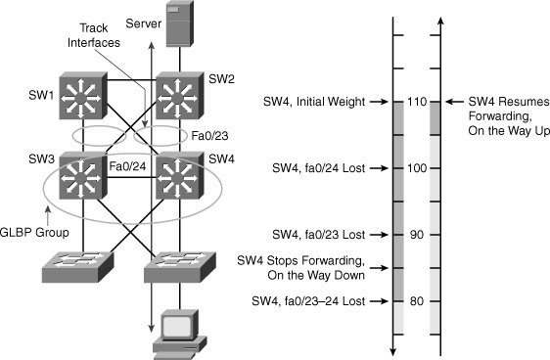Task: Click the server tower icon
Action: [180, 23]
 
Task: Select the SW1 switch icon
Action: [83, 96]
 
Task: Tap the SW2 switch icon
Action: [179, 96]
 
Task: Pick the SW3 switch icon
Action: [83, 176]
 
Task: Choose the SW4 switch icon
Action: [179, 176]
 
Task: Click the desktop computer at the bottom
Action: [180, 334]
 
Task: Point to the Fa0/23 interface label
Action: [209, 136]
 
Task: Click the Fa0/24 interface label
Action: [127, 166]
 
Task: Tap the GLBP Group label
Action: [34, 233]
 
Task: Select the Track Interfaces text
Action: [94, 35]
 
